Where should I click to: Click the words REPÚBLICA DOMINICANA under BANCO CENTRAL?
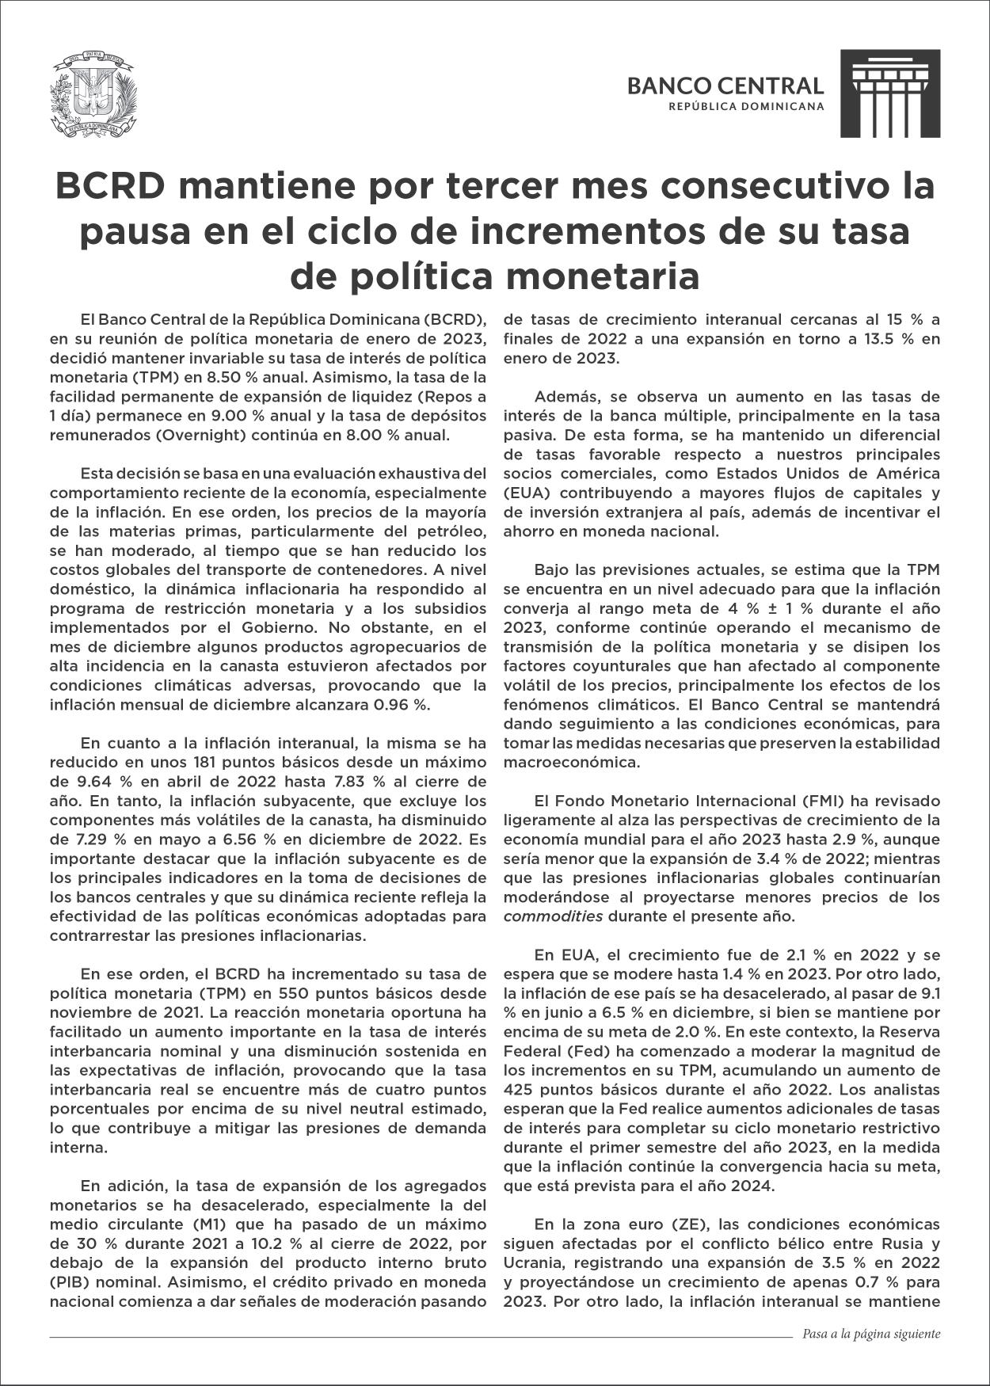tap(746, 106)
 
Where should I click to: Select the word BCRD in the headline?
tap(108, 187)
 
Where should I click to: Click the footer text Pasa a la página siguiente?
tap(871, 1334)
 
